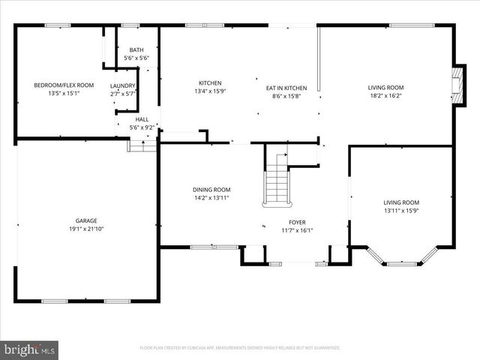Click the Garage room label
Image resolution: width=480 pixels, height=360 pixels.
(86, 220)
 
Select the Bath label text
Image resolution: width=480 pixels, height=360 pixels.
(136, 50)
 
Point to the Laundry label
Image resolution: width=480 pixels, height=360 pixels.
(123, 86)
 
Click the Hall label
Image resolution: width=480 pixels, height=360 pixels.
(142, 119)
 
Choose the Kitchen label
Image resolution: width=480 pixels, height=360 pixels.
(210, 83)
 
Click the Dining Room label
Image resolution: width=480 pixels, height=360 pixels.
(211, 190)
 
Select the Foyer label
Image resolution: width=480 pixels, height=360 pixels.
(298, 223)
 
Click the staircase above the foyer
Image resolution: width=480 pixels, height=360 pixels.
(277, 180)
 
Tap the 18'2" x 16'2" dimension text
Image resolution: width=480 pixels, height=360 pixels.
(385, 96)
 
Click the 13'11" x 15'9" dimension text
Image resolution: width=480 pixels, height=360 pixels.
(401, 211)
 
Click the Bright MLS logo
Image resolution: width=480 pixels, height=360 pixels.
(30, 349)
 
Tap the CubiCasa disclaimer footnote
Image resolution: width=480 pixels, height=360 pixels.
(240, 348)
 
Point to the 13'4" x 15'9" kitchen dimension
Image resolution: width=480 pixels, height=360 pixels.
(210, 91)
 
